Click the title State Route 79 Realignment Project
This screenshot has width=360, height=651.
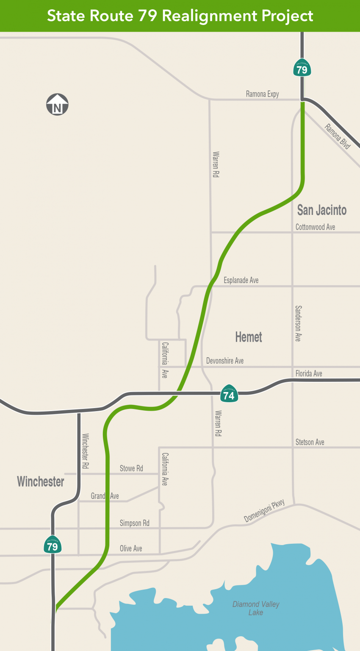tap(180, 16)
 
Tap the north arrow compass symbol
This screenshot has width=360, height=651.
tap(57, 105)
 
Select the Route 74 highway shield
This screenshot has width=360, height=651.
tap(229, 395)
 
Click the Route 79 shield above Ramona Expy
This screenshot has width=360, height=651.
tap(302, 68)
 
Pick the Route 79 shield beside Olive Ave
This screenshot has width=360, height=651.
tap(53, 545)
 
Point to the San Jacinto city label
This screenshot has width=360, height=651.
tap(321, 210)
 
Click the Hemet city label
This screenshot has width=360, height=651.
tap(249, 337)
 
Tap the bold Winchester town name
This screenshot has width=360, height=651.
tap(41, 481)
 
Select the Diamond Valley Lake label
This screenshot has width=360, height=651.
tap(256, 608)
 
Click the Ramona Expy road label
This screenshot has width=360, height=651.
tap(262, 94)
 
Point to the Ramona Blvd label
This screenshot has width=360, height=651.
tap(338, 136)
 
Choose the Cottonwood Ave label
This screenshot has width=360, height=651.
tap(315, 227)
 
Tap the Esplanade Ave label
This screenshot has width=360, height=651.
tap(241, 280)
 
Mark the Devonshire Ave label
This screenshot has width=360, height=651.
tap(224, 361)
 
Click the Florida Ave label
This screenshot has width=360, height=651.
tap(309, 373)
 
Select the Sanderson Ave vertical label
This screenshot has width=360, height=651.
tap(298, 323)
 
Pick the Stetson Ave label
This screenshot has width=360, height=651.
tap(310, 442)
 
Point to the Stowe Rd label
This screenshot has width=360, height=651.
tap(131, 468)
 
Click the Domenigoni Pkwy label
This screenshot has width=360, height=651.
tap(264, 511)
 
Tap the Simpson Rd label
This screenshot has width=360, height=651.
tap(134, 523)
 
